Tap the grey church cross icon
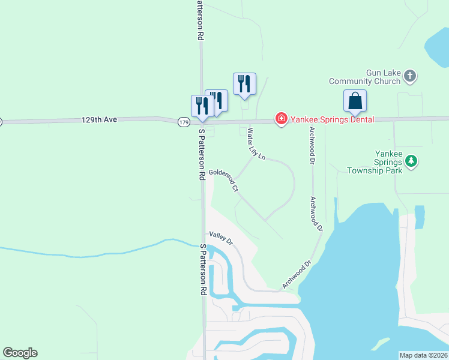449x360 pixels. point(410,76)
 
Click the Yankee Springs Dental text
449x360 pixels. point(332,119)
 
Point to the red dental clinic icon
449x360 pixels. point(280,119)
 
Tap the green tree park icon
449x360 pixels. point(411,161)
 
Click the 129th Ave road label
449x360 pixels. point(98,120)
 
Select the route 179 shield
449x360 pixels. point(184,122)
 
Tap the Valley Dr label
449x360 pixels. point(220,238)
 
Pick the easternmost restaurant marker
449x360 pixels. point(244,83)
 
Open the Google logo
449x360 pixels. point(20,353)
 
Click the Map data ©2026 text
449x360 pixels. point(423,355)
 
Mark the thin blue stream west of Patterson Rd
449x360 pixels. point(90,253)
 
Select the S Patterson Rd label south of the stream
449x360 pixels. point(203,269)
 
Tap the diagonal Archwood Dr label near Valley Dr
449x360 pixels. point(297,274)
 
